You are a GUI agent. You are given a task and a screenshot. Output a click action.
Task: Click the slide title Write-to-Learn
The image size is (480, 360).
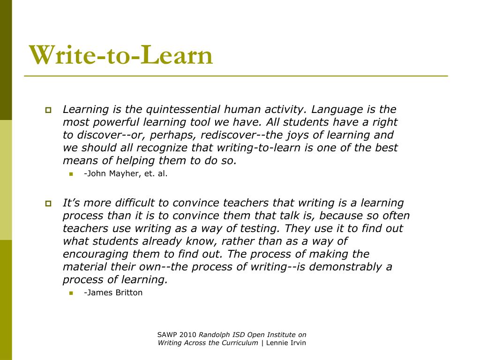click(x=121, y=55)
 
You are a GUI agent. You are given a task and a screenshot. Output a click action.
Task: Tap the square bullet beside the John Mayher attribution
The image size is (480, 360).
click(x=72, y=174)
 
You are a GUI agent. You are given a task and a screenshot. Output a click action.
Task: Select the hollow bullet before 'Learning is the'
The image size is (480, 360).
click(x=48, y=111)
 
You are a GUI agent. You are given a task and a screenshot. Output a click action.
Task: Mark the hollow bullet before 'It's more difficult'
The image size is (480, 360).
click(x=48, y=204)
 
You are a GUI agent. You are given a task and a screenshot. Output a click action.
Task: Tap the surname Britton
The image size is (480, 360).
click(x=127, y=292)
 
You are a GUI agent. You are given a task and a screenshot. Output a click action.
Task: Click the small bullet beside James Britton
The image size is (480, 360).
click(x=72, y=293)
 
